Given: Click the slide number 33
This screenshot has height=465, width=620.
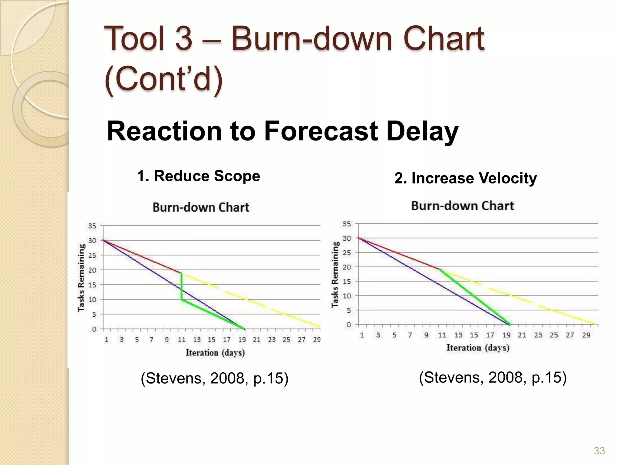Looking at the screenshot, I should click(x=599, y=451).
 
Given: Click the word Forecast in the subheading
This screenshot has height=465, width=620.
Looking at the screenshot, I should click(x=321, y=131).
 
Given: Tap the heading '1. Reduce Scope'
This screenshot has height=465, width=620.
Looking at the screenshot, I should click(x=198, y=176).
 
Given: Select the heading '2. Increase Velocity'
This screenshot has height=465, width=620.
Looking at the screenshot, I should click(x=465, y=178).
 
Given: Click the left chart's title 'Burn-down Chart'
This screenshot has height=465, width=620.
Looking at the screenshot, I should click(x=201, y=207).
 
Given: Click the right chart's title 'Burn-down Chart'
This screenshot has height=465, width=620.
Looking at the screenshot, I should click(x=462, y=206).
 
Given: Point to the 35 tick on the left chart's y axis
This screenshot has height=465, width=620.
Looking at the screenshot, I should click(x=92, y=226).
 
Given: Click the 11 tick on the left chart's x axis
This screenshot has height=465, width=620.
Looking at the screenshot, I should click(x=181, y=340).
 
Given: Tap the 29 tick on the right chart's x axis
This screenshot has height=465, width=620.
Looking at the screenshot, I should click(x=586, y=335).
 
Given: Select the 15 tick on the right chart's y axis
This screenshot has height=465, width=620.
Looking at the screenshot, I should click(x=347, y=282).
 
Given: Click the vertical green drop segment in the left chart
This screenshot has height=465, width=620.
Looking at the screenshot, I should click(x=181, y=286).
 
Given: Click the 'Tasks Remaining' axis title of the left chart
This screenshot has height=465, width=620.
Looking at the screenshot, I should click(x=81, y=278).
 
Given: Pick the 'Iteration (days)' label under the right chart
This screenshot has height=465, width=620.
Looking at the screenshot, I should click(x=478, y=348).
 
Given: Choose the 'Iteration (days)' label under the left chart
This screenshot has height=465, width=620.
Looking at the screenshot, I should click(x=215, y=353).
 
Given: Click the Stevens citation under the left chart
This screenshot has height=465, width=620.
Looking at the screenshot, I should click(x=214, y=378).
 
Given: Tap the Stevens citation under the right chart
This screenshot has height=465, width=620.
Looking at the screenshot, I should click(x=493, y=378).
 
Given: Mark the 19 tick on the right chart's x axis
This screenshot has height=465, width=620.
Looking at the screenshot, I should click(x=506, y=335).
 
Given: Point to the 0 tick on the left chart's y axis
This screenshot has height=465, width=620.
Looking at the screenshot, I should click(x=94, y=329).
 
